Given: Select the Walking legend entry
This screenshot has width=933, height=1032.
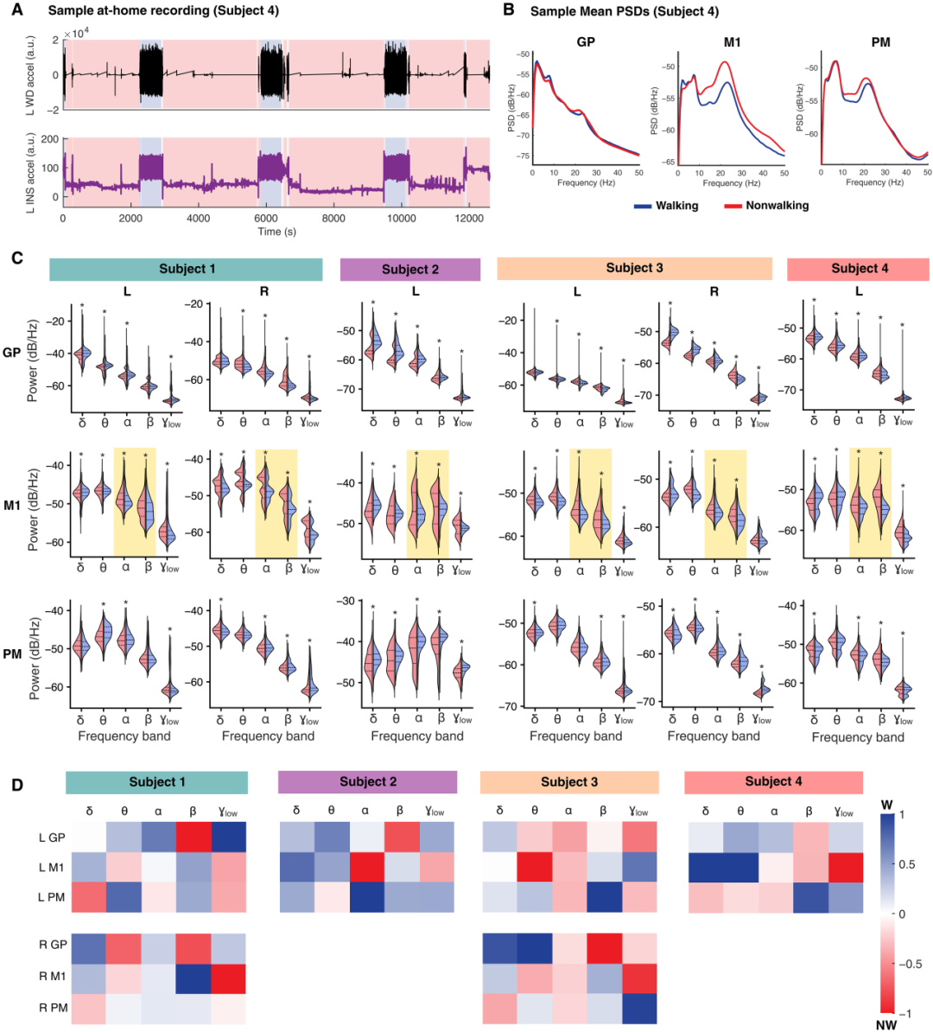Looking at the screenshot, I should coord(676,206).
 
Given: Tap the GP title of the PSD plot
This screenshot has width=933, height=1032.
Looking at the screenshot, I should coord(586,41).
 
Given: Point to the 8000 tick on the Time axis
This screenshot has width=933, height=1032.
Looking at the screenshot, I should coord(333,218).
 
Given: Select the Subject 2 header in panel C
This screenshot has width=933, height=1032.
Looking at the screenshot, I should coord(410,269).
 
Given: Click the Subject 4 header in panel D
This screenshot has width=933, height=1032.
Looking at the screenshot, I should coord(773,781).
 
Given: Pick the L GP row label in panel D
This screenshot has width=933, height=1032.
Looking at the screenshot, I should coord(52,838).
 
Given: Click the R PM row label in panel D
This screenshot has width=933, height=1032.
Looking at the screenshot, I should coord(52,1008).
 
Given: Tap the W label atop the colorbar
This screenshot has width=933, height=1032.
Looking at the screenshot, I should coord(887,805).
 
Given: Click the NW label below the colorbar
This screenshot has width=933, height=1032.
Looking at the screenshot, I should coord(887,1024).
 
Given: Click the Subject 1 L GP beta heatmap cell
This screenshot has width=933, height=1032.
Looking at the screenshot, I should coord(193,838).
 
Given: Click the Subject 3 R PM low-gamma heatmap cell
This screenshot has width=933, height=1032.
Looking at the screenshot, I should coord(638,1007).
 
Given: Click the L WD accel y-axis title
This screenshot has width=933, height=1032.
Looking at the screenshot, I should coord(29,76).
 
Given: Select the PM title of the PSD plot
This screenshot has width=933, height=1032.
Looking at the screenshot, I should coord(880,41).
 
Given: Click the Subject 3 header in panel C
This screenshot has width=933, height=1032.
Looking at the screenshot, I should coord(634,268).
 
